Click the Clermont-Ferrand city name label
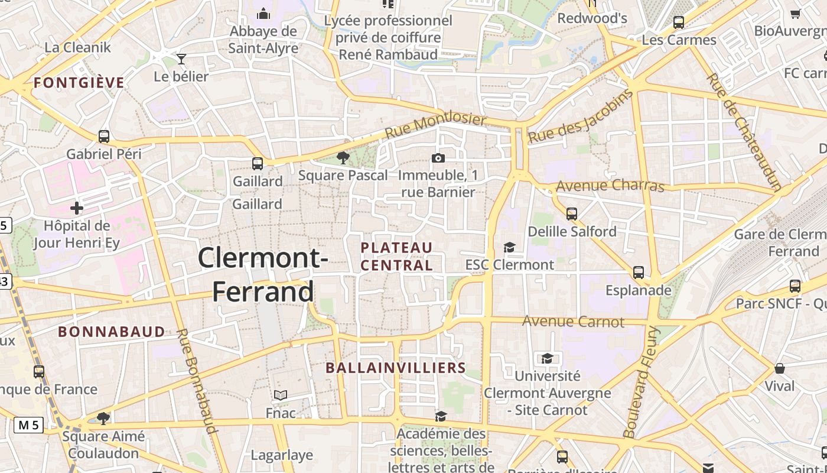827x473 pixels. [x=263, y=275]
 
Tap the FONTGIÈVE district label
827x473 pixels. [x=79, y=83]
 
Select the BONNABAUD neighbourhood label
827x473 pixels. [x=112, y=332]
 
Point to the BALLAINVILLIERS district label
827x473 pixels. [x=396, y=368]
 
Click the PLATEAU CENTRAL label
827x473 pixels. [x=397, y=257]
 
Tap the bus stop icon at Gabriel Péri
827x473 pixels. [x=104, y=137]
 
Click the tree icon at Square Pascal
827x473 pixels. [x=343, y=158]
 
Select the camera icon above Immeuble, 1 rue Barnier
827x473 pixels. [x=438, y=158]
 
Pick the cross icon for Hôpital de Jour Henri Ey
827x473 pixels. [x=76, y=208]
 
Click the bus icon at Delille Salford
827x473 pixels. [x=571, y=213]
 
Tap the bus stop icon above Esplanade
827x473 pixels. [x=639, y=273]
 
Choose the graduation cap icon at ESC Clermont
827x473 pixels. [x=509, y=248]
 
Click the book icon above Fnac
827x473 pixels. [x=281, y=395]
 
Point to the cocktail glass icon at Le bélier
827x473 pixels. [x=181, y=59]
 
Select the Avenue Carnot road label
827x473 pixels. [x=573, y=322]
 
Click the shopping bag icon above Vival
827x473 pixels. [x=780, y=368]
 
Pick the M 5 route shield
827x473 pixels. [x=28, y=425]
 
